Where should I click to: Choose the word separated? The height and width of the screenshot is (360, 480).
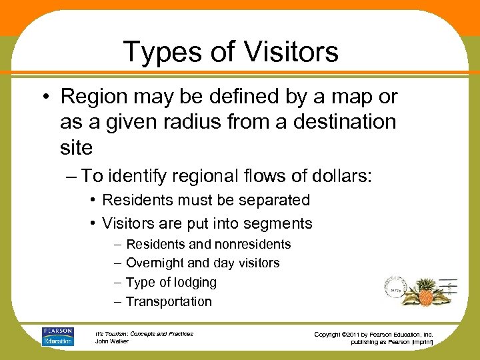click(x=271, y=200)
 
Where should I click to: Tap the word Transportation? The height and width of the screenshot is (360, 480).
click(x=169, y=301)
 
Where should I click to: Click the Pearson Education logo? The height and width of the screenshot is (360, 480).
click(x=58, y=336)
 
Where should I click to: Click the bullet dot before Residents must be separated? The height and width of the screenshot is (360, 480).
click(x=93, y=201)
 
